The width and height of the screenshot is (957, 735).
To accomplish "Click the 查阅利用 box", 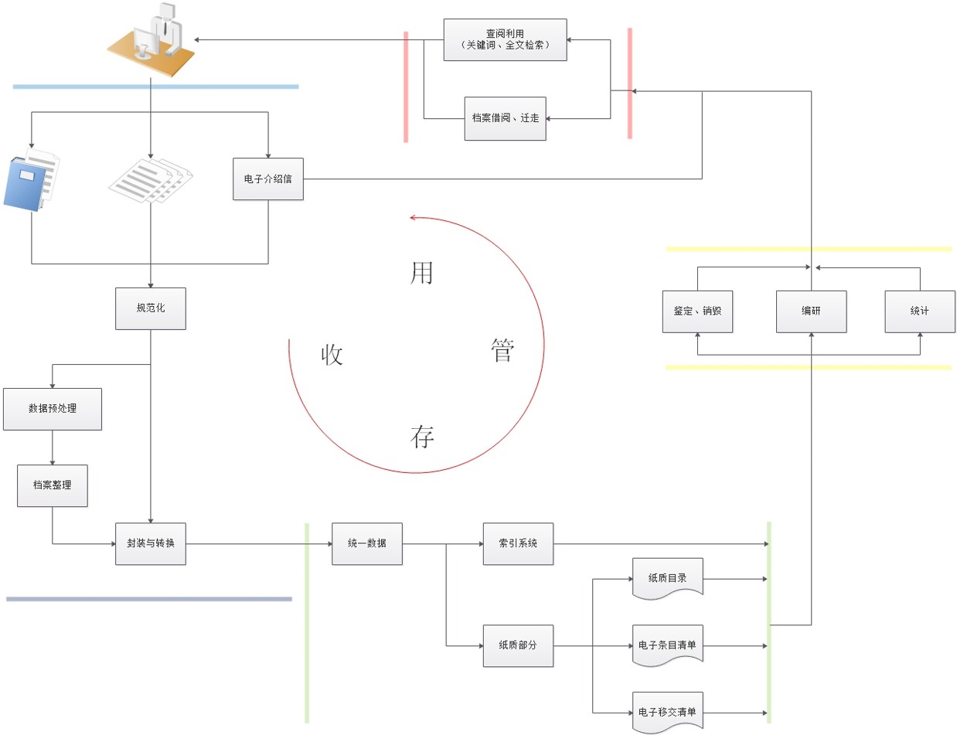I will point(505,39).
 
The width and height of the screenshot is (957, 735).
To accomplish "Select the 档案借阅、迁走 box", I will point(505,118).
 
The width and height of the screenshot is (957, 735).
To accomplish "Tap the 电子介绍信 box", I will point(268,179).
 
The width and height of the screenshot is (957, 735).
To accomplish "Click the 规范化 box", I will point(150,308).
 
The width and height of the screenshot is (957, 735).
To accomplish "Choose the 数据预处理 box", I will point(53,409).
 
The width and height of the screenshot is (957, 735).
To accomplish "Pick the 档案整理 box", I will point(53,485).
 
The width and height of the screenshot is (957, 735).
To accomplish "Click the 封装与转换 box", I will point(150,543).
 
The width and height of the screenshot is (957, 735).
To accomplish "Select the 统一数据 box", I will point(366,543).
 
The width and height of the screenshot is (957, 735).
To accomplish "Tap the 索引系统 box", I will point(518,543).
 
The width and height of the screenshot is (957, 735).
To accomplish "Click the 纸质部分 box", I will point(518,645).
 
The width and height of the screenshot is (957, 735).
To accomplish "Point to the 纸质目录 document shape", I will point(667,577).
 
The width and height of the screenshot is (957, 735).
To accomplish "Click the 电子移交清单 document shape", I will point(667,711).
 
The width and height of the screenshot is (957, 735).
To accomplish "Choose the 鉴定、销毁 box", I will point(697,311).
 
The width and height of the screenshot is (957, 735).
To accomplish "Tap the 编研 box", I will point(811,311).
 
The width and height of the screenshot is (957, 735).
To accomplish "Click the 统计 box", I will point(920,311).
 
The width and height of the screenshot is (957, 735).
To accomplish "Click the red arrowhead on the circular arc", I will point(414,218).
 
